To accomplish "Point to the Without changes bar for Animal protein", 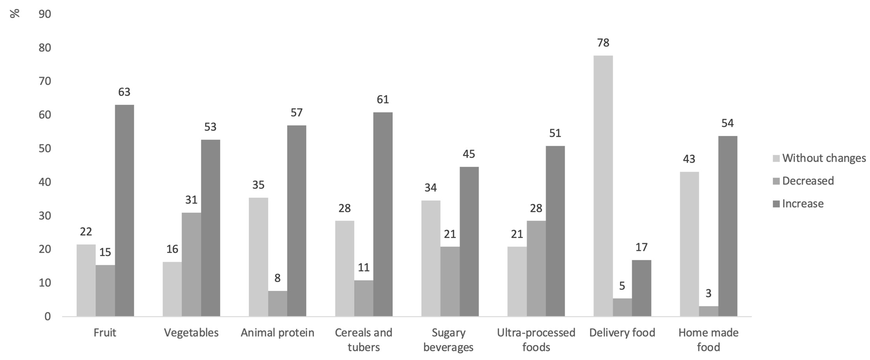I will [x=258, y=257].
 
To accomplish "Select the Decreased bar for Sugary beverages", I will [x=450, y=281].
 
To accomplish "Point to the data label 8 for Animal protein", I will [x=277, y=278].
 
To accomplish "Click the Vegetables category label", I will [x=191, y=333].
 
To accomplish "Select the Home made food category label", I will [x=708, y=340].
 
